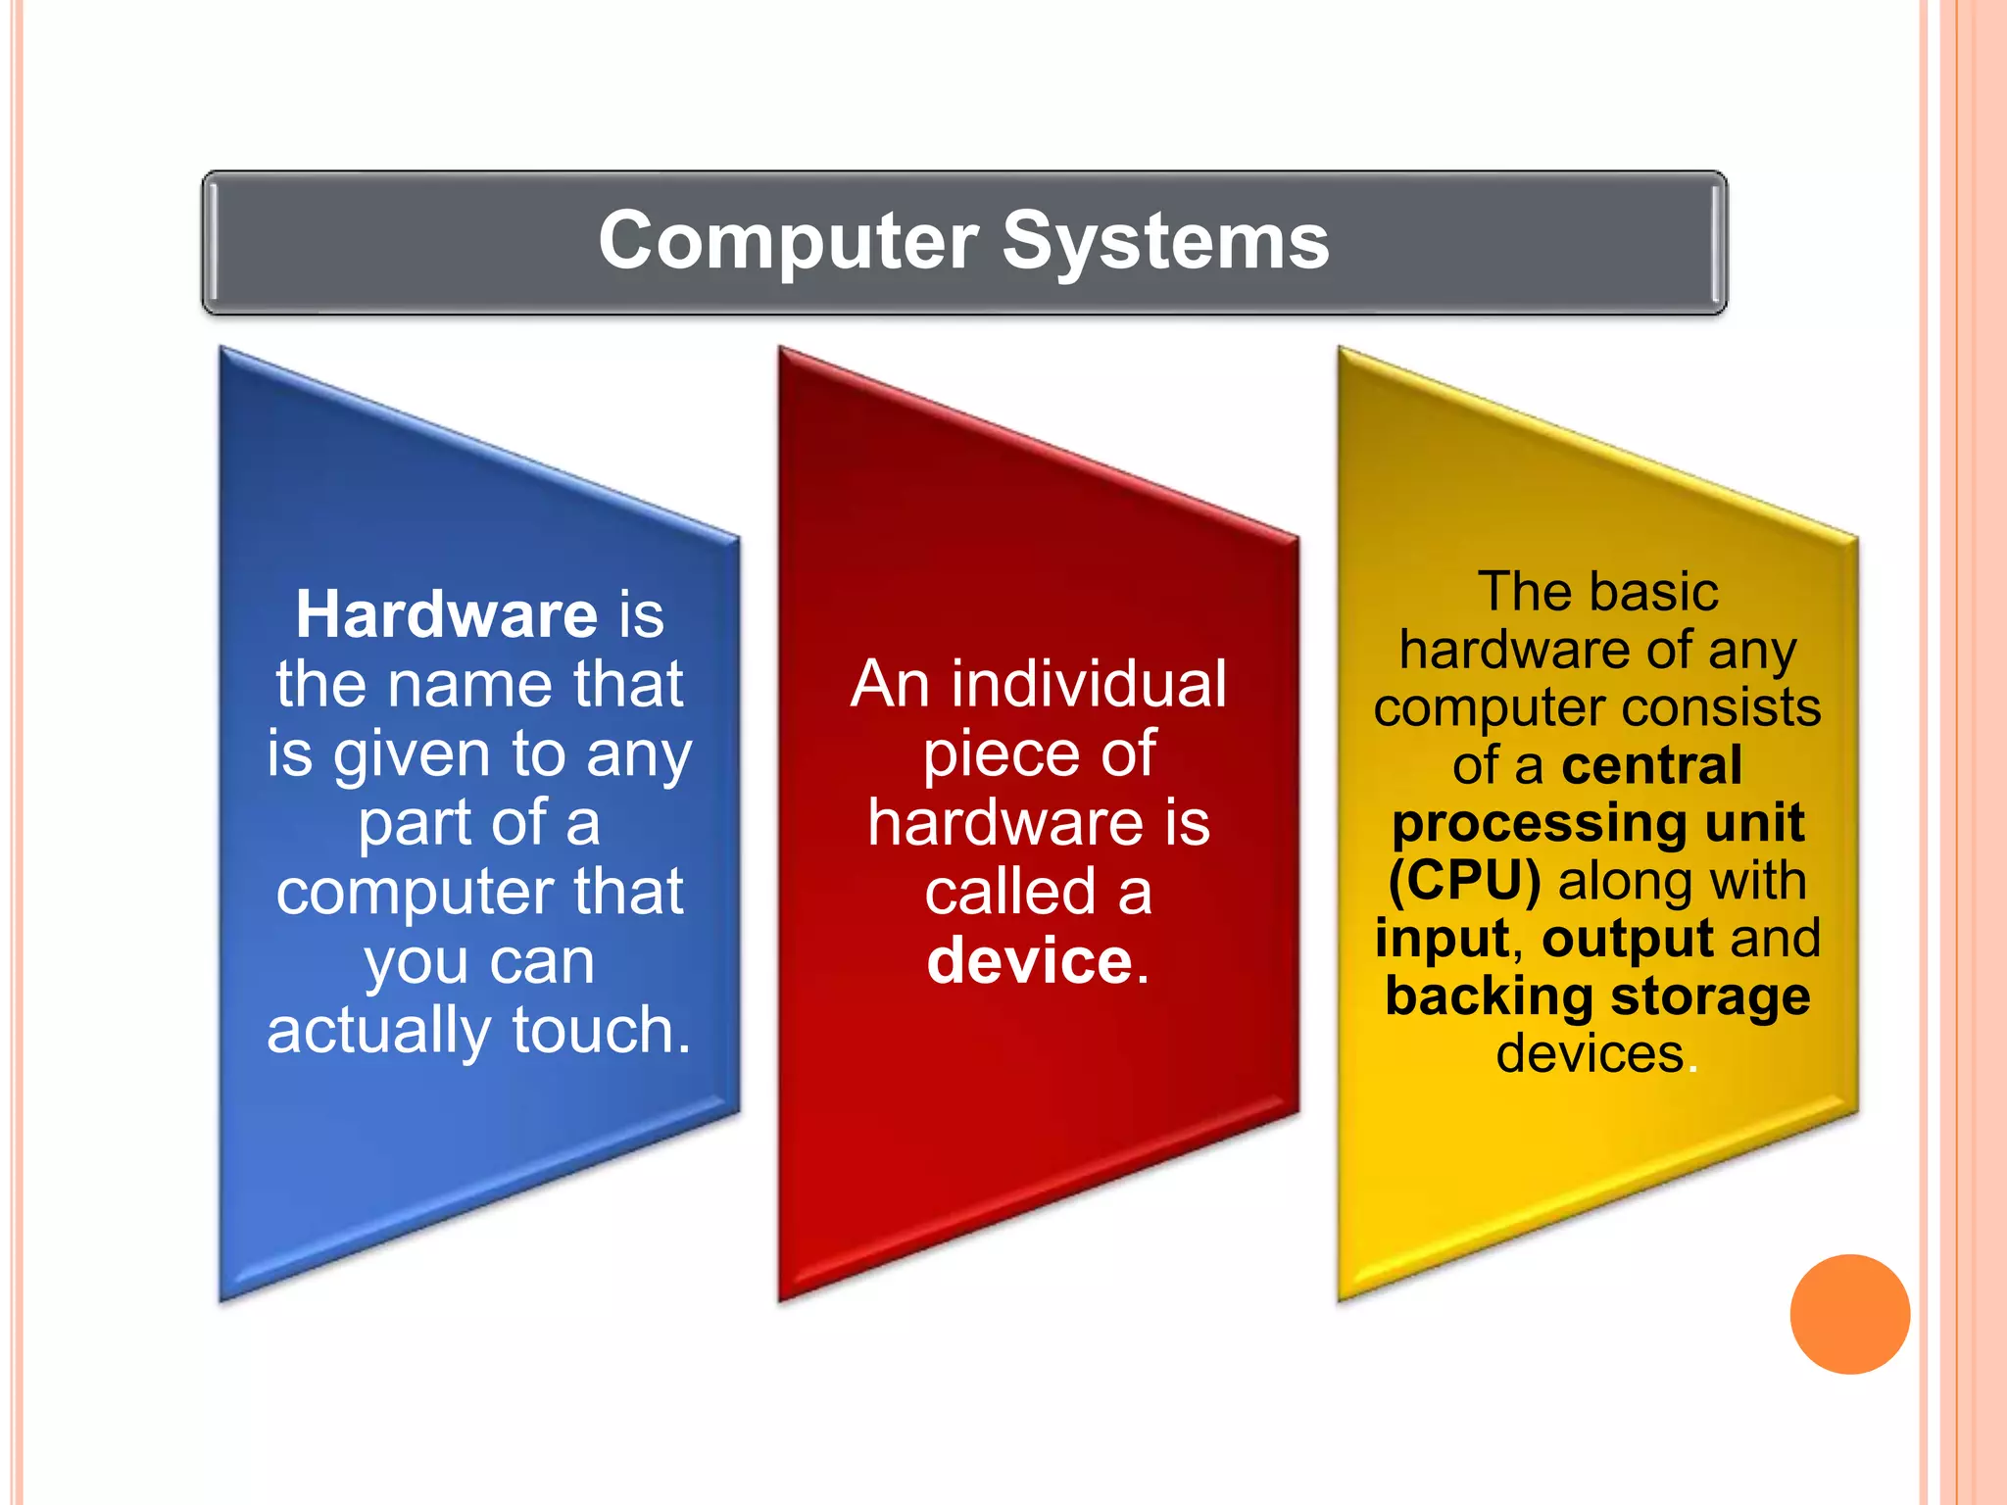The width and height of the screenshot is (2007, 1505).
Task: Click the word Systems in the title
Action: [x=1165, y=242]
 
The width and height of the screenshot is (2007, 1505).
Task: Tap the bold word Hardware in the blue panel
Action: [x=447, y=615]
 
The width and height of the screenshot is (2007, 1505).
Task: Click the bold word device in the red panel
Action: [x=1030, y=961]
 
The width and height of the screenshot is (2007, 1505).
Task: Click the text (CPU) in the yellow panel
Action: [x=1464, y=881]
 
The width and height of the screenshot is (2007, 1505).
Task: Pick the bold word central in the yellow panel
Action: [x=1652, y=765]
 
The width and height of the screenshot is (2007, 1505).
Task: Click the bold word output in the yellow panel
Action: [x=1628, y=939]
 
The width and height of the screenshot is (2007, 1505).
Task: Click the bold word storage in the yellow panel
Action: [x=1710, y=996]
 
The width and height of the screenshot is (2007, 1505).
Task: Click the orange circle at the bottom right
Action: [x=1849, y=1314]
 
